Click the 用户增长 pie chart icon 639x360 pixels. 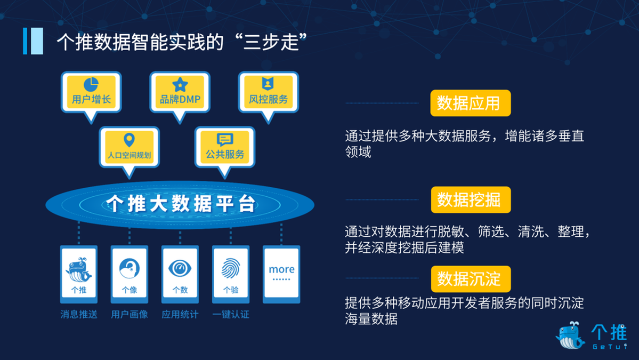coord(91,84)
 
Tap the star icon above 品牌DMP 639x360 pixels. coord(180,84)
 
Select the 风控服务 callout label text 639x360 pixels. coord(268,99)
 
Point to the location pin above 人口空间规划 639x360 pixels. coord(129,140)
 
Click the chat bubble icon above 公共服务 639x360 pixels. coord(224,139)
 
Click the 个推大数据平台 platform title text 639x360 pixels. coord(181,203)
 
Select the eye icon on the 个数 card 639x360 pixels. coord(180,268)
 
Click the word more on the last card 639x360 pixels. coord(281,269)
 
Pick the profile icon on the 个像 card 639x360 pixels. coord(129,269)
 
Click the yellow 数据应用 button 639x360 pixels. coord(470,103)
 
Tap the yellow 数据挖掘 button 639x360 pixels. coord(471,200)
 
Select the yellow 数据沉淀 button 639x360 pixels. coord(471,279)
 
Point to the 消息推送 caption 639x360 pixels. coord(79,314)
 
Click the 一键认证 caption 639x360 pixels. coord(231,314)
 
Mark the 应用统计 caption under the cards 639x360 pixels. coord(180,314)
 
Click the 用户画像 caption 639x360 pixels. coord(129,314)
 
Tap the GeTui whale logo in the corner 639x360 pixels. coord(570,335)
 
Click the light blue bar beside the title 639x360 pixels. coord(37,41)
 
